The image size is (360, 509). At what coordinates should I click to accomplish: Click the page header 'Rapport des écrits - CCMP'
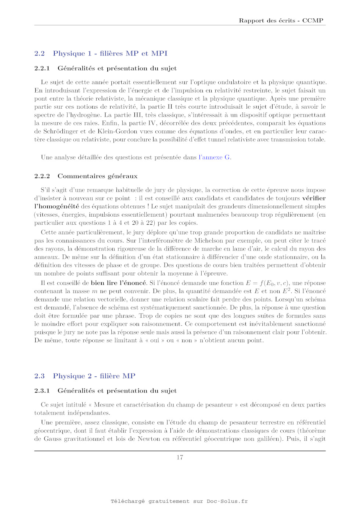[x=281, y=21]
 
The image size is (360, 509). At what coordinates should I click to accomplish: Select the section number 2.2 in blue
[x=39, y=53]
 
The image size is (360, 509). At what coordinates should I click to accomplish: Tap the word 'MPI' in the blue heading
[x=159, y=53]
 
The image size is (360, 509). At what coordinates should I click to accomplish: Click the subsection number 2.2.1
[x=42, y=68]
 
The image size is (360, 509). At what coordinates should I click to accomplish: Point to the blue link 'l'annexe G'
[x=215, y=157]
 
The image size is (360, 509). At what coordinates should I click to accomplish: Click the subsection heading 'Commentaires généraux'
[x=97, y=176]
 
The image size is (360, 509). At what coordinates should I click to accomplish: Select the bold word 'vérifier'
[x=314, y=198]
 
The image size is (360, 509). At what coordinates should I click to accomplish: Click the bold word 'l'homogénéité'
[x=57, y=206]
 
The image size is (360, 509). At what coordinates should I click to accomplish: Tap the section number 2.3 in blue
[x=39, y=376]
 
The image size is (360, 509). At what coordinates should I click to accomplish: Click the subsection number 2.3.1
[x=42, y=391]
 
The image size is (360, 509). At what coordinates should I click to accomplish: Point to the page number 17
[x=180, y=457]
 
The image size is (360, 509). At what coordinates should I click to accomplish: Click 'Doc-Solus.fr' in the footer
[x=227, y=501]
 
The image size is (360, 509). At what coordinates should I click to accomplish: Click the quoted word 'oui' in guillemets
[x=155, y=340]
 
